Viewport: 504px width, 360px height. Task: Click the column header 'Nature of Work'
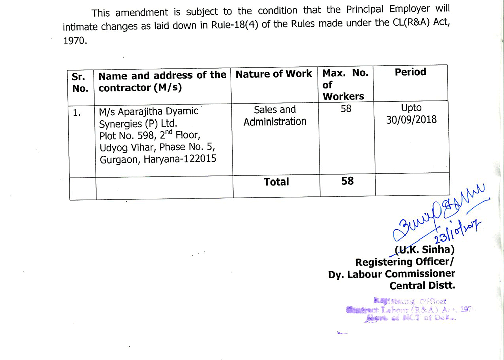pos(274,74)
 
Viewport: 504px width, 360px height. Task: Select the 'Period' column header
pos(410,72)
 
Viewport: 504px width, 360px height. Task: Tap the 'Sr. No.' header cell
pos(80,82)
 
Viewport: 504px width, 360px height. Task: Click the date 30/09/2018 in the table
pos(412,120)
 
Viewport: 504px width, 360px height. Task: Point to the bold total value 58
pos(347,181)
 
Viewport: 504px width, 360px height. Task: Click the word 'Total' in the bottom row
pos(276,182)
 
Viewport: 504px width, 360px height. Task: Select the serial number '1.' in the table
pos(77,113)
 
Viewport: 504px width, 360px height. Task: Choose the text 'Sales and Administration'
pos(275,115)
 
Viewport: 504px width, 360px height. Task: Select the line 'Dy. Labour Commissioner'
pos(392,274)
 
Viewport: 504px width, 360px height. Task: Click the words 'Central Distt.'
pos(422,286)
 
